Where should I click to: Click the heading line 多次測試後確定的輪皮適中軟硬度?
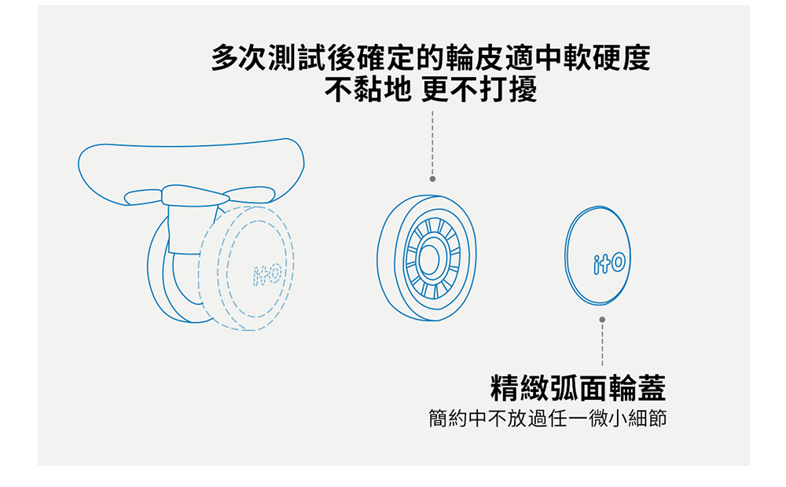pos(431,57)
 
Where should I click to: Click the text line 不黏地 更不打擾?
pos(431,90)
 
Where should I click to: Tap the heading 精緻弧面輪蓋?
pos(578,388)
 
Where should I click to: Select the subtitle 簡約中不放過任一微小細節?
pos(547,419)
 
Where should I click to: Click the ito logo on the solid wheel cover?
pos(609,263)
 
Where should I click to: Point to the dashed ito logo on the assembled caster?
pos(267,275)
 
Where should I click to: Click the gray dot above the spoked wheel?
pos(432,179)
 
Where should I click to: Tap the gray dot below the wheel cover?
pos(602,320)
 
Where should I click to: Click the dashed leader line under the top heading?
pos(432,143)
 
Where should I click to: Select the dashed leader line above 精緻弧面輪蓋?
pos(602,345)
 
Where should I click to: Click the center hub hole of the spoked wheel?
pos(428,259)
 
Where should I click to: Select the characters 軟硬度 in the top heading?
pos(607,57)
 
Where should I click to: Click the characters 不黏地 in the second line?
pos(368,90)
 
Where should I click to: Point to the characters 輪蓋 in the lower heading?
pos(637,388)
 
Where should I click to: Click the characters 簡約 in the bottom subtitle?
pos(448,419)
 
